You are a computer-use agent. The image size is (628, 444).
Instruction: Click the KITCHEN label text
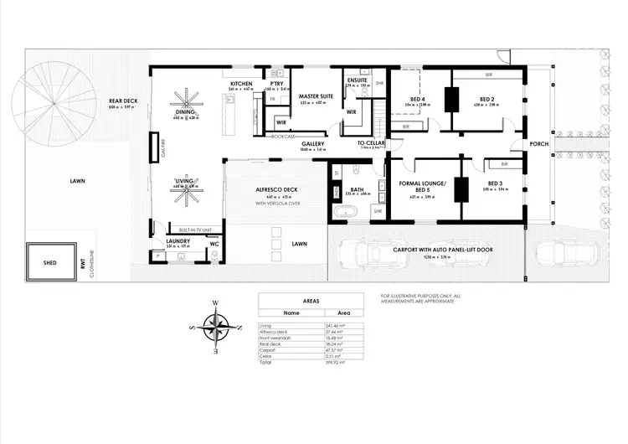point(242,84)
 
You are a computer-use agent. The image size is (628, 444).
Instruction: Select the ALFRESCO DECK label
point(276,190)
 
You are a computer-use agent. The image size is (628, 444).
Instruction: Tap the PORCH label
point(538,144)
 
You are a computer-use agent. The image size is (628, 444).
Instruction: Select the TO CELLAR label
point(370,143)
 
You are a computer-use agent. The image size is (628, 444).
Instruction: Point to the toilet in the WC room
point(215,258)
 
